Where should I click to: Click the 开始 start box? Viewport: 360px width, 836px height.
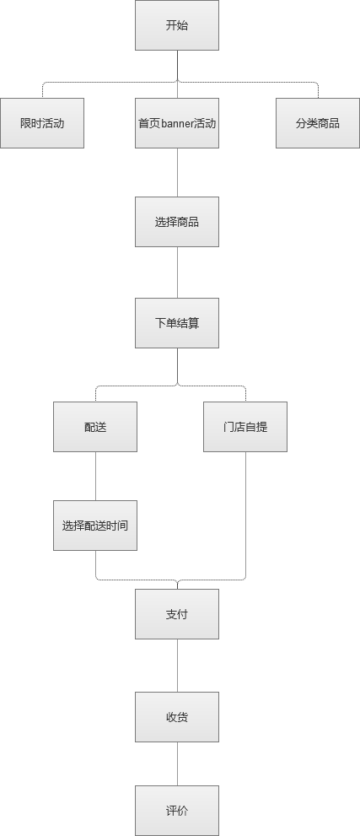pyautogui.click(x=177, y=25)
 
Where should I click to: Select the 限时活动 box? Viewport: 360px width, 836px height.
pyautogui.click(x=42, y=123)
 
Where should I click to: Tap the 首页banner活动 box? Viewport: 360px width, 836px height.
pyautogui.click(x=177, y=123)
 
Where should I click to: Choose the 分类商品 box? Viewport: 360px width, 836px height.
pyautogui.click(x=317, y=123)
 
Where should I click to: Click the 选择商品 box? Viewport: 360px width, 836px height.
pyautogui.click(x=177, y=222)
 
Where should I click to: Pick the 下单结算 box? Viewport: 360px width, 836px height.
pyautogui.click(x=177, y=323)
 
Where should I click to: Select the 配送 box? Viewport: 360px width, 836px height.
pyautogui.click(x=95, y=427)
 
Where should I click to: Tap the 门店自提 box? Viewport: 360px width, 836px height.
pyautogui.click(x=245, y=427)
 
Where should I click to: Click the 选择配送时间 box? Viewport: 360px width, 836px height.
pyautogui.click(x=95, y=526)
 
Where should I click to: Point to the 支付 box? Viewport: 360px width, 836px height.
pyautogui.click(x=177, y=614)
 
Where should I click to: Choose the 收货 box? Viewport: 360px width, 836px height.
pyautogui.click(x=177, y=717)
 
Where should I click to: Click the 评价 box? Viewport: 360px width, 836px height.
pyautogui.click(x=177, y=811)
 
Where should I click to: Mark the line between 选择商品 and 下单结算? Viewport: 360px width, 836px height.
pyautogui.click(x=177, y=272)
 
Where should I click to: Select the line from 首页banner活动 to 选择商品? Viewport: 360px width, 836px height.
pyautogui.click(x=177, y=172)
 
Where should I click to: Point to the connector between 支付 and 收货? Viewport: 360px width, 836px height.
pyautogui.click(x=177, y=666)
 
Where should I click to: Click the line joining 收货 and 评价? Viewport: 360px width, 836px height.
pyautogui.click(x=177, y=764)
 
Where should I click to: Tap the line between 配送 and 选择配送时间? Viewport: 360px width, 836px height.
pyautogui.click(x=96, y=476)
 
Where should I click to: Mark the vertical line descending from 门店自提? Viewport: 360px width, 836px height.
pyautogui.click(x=245, y=514)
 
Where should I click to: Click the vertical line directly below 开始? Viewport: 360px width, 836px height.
pyautogui.click(x=177, y=66)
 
